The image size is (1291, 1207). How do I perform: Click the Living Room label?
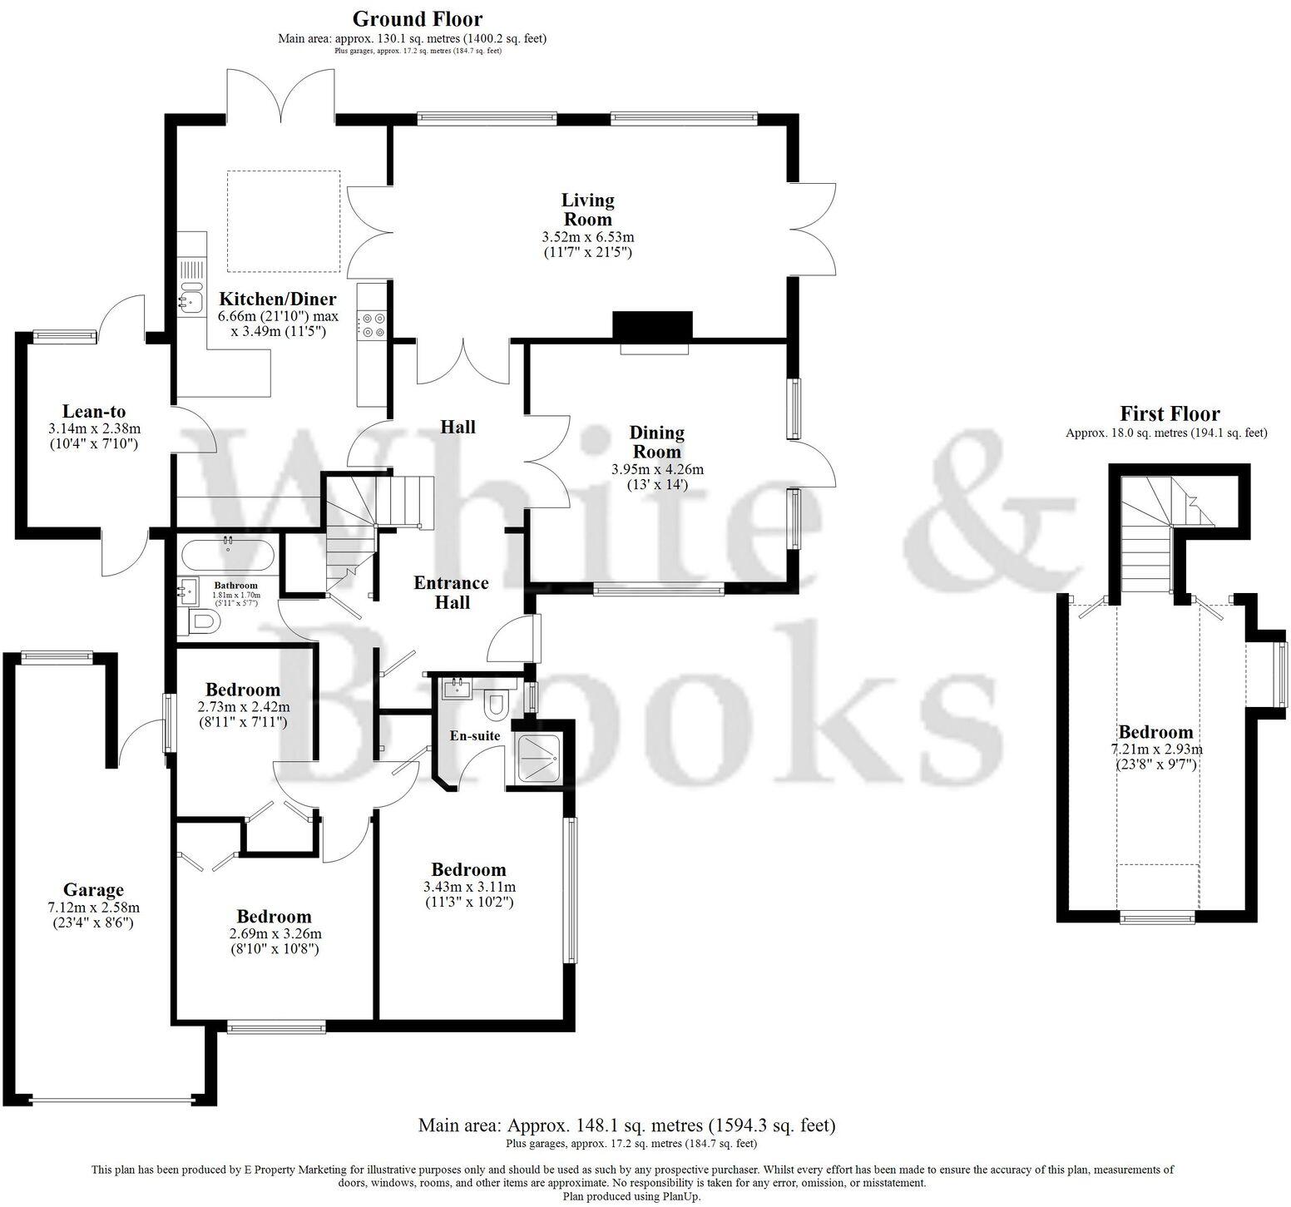point(587,210)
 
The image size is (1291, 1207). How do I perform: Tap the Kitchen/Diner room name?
point(277,299)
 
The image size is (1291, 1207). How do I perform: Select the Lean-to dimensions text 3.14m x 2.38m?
point(94,429)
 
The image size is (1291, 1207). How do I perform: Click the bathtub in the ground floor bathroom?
point(227,552)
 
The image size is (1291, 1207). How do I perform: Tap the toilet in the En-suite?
point(497,704)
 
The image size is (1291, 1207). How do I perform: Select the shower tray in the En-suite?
point(538,757)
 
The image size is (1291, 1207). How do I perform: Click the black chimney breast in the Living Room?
point(653,325)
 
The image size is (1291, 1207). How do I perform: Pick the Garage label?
point(93,890)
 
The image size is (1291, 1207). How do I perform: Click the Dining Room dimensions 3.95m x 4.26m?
point(657,469)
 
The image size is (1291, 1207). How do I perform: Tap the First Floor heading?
point(1169,413)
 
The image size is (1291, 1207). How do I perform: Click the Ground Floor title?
point(417,18)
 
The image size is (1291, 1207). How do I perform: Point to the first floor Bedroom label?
point(1155,732)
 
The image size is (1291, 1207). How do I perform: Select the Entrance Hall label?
point(451,592)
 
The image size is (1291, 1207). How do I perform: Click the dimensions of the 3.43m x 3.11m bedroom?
point(468,887)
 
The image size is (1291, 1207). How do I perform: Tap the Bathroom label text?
point(235,586)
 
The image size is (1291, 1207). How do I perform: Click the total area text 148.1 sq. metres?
point(626,1125)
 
